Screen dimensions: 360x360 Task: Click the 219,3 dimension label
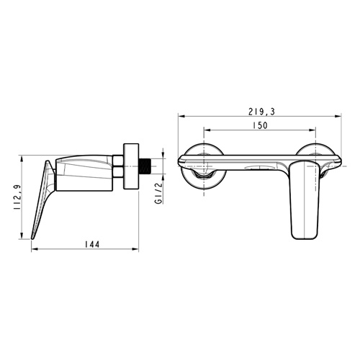[261, 112]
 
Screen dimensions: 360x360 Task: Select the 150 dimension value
[260, 125]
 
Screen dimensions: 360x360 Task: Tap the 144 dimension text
[92, 244]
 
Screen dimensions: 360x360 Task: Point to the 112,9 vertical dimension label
[17, 197]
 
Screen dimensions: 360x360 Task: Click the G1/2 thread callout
[158, 193]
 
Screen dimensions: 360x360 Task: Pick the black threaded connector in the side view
[145, 166]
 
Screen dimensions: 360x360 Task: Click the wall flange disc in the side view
[131, 166]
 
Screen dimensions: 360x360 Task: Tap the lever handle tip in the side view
[32, 238]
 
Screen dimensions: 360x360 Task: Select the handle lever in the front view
[305, 200]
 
